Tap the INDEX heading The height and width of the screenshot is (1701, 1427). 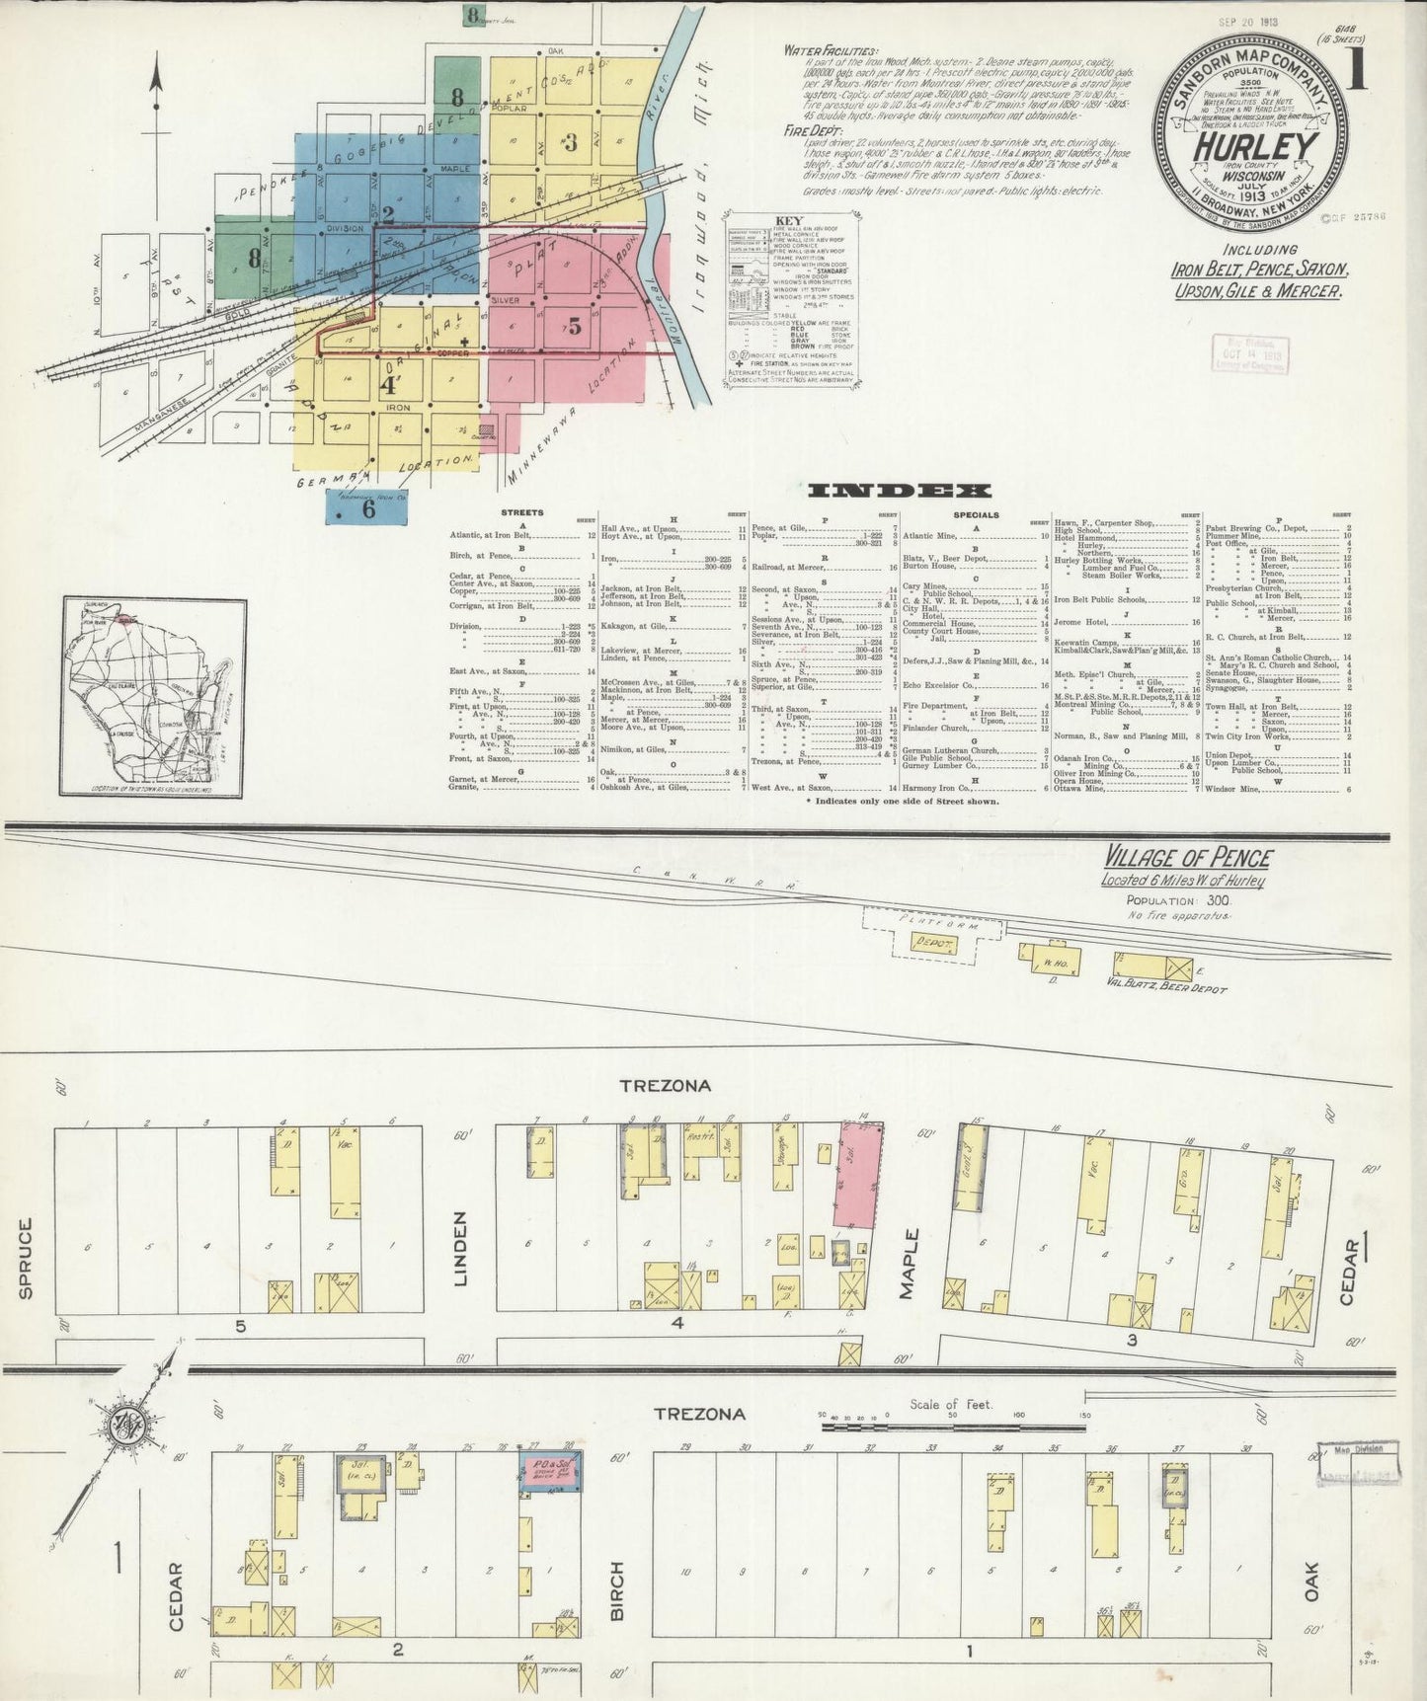900,491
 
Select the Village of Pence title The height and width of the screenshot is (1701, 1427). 1187,858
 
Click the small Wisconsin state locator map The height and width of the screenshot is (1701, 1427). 155,696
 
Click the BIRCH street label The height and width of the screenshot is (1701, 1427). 617,1591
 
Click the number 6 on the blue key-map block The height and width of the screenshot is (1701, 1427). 368,509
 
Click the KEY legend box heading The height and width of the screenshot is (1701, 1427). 790,221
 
